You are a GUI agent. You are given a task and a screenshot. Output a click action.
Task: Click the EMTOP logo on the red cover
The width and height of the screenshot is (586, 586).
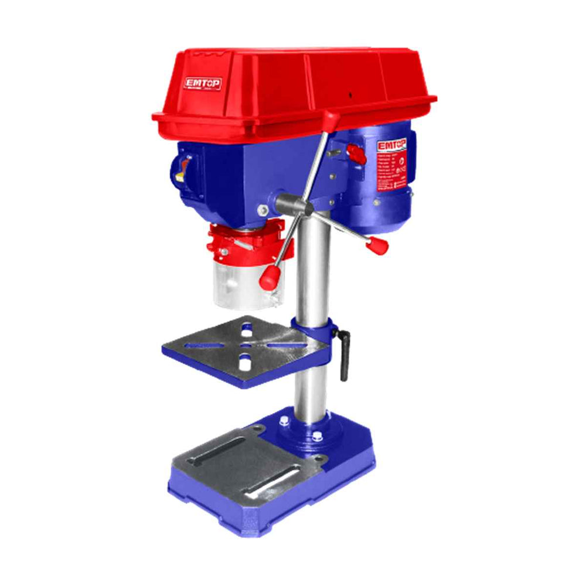[x=203, y=84]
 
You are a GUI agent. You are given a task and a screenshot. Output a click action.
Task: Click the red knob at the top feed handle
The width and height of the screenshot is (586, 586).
[x=332, y=118]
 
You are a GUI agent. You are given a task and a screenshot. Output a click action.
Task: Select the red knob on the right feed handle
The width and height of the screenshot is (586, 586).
[x=377, y=244]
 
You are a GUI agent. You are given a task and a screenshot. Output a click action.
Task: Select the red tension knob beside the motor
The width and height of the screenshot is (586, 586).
[x=355, y=154]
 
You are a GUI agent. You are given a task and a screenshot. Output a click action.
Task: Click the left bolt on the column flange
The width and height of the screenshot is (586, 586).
[x=284, y=421]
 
